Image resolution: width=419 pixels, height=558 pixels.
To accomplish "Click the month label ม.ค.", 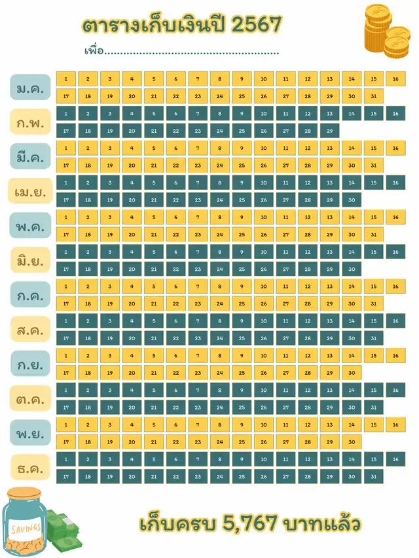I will click(x=30, y=88).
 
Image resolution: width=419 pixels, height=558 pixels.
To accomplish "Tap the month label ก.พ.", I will click(x=30, y=122).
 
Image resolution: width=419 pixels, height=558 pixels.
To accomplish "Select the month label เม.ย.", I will click(x=30, y=191).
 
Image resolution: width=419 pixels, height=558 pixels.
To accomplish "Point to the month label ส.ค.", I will click(x=30, y=330).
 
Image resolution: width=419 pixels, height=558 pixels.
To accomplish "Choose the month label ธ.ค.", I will click(x=30, y=468).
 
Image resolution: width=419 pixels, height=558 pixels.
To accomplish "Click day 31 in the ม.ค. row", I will click(x=373, y=96).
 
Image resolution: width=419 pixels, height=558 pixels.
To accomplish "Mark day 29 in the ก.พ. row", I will click(x=329, y=131).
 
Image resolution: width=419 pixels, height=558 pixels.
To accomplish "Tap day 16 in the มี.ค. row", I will click(x=395, y=148).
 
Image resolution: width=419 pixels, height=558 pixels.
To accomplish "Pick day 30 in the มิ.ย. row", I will click(x=352, y=269).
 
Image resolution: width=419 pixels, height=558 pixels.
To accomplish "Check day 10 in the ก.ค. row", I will click(x=263, y=287).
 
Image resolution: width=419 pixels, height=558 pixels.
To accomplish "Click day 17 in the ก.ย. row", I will click(x=65, y=372).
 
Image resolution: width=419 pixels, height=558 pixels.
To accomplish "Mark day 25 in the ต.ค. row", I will click(x=242, y=407).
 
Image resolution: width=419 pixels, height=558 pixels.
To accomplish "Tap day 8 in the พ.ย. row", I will click(x=219, y=425).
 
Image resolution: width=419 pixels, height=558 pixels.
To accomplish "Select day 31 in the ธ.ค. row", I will click(x=373, y=476).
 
